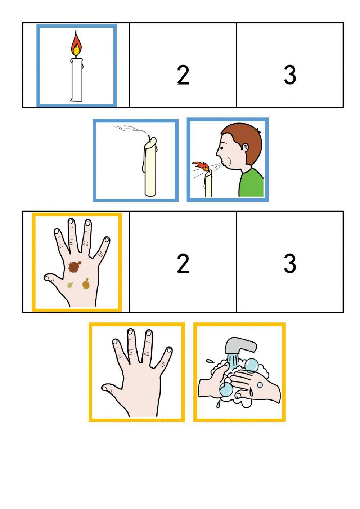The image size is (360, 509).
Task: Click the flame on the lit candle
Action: tap(76, 44)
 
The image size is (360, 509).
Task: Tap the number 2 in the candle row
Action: tap(183, 75)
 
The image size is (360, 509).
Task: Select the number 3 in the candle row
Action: tap(290, 75)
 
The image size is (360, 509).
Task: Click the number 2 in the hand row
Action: tap(183, 263)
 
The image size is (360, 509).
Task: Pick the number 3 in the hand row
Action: tap(290, 263)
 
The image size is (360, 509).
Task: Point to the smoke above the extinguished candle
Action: tap(131, 130)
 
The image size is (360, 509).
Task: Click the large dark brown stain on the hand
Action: tap(74, 267)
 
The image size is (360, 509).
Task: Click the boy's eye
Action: tap(222, 148)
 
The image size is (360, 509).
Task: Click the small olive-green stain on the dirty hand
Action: tap(70, 285)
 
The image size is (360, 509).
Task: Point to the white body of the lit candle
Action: tap(77, 80)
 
